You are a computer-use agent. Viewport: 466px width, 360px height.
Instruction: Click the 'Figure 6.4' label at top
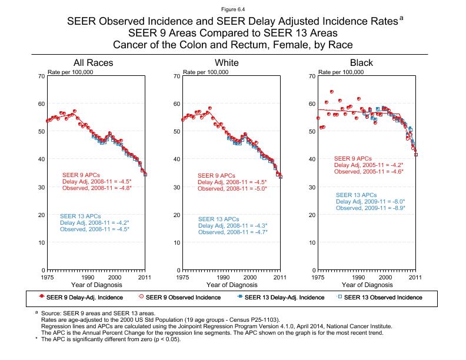tap(233, 9)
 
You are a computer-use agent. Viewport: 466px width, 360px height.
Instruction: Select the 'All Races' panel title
tap(93, 62)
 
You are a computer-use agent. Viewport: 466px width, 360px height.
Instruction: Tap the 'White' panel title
tap(227, 62)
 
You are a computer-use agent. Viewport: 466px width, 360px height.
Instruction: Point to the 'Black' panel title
tap(361, 62)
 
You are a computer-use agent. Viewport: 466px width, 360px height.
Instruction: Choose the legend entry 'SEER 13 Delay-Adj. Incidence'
tap(284, 297)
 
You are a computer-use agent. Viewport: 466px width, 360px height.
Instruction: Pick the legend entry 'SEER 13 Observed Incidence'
tap(383, 297)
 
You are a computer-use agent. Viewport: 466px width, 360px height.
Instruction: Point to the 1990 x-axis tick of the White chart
tap(223, 276)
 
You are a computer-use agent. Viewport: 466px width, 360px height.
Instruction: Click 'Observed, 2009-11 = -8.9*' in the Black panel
tap(371, 208)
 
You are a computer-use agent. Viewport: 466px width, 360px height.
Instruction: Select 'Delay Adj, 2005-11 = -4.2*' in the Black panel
tap(368, 165)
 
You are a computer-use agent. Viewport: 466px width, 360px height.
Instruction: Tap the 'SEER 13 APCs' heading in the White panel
tap(219, 218)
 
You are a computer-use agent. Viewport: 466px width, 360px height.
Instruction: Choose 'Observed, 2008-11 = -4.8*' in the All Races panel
tap(97, 188)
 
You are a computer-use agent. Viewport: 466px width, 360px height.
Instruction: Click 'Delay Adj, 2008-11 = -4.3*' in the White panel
tap(233, 225)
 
